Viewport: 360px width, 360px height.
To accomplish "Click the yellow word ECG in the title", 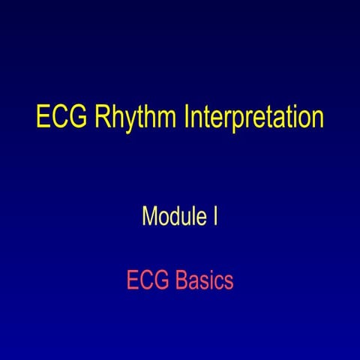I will pyautogui.click(x=61, y=119).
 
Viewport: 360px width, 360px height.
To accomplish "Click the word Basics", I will pyautogui.click(x=205, y=281).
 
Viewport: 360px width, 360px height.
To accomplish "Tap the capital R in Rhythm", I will pyautogui.click(x=103, y=119).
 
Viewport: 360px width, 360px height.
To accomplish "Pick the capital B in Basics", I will pyautogui.click(x=182, y=281).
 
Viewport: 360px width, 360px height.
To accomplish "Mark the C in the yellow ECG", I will pyautogui.click(x=61, y=119).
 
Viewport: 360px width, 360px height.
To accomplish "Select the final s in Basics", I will pyautogui.click(x=230, y=283).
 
